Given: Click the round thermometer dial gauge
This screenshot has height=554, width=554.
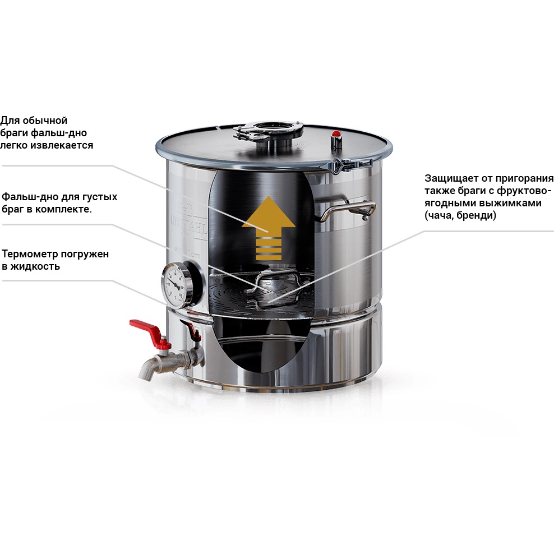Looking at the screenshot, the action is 175,284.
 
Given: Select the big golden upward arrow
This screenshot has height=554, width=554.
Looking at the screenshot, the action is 269,228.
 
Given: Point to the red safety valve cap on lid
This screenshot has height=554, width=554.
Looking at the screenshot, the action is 336,134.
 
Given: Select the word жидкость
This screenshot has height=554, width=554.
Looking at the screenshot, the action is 35,266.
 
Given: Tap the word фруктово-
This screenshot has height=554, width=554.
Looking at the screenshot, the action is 524,191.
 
